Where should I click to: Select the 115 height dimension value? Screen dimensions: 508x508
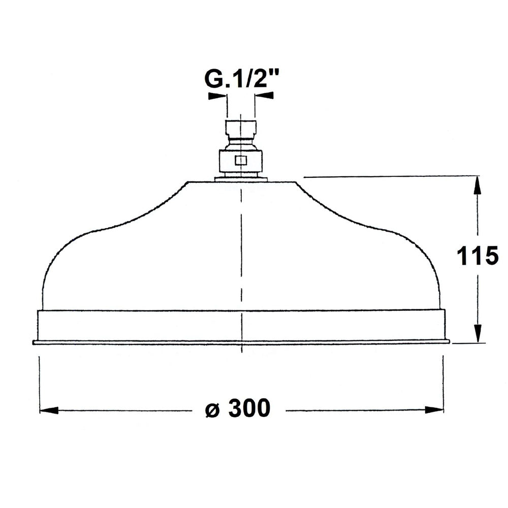(478, 256)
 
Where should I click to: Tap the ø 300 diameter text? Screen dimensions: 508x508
(238, 408)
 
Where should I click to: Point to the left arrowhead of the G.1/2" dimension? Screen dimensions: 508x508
(217, 96)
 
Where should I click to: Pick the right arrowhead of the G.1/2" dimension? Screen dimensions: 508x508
(264, 96)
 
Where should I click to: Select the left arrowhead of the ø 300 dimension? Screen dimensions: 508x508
(49, 410)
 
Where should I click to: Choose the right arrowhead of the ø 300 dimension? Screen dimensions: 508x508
(434, 410)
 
